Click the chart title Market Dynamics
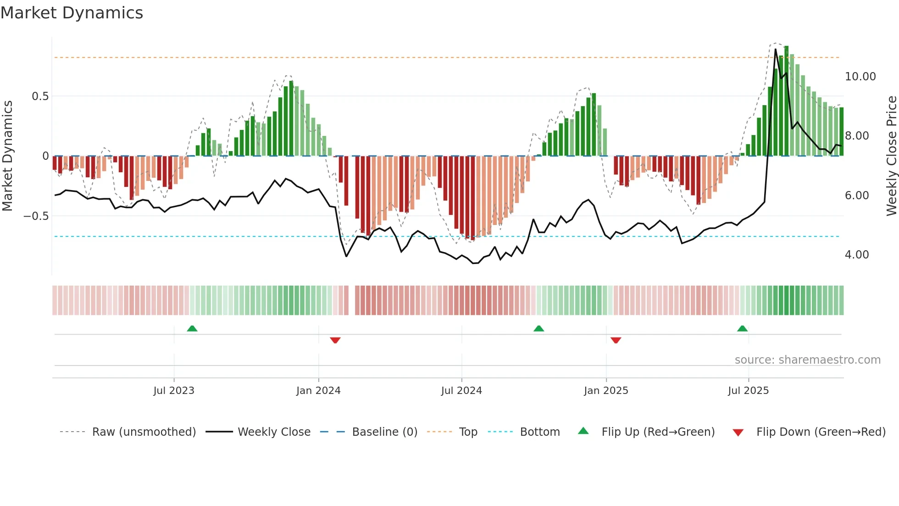tap(72, 13)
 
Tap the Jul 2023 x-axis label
tap(173, 391)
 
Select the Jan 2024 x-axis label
tap(318, 391)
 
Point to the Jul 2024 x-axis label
tap(461, 391)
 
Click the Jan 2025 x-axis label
tap(606, 391)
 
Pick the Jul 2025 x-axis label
tap(748, 391)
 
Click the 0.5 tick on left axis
tap(40, 96)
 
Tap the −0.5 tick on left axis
tap(36, 216)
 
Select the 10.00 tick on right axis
tap(860, 77)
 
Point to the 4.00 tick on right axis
tap(856, 255)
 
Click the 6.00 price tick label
tap(856, 196)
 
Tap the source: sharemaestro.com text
tap(807, 360)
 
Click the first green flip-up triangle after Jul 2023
tap(192, 329)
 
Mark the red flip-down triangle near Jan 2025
tap(616, 340)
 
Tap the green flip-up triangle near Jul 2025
tap(742, 329)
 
